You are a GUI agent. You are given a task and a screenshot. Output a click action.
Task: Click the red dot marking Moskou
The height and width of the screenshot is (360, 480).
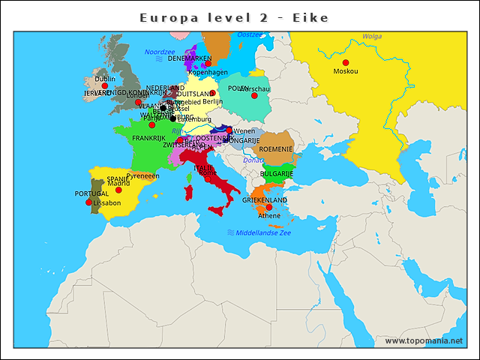click(346, 62)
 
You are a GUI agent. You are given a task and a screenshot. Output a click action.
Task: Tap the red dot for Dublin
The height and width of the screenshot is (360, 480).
click(105, 85)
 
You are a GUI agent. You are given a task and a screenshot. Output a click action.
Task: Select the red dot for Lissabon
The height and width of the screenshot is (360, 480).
click(89, 202)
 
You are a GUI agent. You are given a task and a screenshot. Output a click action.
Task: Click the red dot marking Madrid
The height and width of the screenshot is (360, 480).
click(118, 190)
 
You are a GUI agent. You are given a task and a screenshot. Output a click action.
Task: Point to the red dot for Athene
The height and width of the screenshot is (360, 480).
click(269, 207)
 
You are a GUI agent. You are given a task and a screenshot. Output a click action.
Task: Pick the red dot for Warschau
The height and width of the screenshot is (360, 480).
click(254, 95)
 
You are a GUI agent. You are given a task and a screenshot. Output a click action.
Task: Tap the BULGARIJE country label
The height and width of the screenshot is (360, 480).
click(276, 174)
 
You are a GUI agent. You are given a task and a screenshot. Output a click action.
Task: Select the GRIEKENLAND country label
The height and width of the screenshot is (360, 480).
click(265, 200)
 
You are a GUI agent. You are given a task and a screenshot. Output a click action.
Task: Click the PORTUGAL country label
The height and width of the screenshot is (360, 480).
click(91, 193)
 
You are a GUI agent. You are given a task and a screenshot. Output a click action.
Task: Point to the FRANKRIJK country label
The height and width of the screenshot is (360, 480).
click(148, 138)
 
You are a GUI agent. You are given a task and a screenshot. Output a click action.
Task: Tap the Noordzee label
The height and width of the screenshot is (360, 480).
click(159, 52)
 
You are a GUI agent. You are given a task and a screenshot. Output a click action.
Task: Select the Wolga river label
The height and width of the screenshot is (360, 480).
click(372, 36)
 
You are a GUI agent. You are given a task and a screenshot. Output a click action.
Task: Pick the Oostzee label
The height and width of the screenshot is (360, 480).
click(250, 34)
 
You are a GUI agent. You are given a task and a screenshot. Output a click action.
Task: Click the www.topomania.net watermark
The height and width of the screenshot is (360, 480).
click(424, 341)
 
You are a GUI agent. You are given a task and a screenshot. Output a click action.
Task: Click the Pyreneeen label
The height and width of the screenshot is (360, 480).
click(142, 176)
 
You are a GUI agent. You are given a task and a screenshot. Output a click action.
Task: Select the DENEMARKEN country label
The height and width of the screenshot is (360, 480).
click(189, 58)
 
